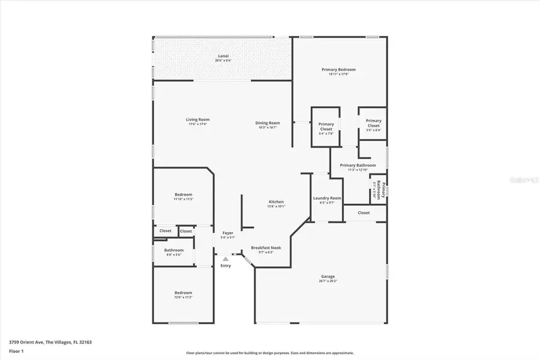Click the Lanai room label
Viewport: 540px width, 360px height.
tap(223, 56)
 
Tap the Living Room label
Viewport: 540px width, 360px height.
tap(199, 119)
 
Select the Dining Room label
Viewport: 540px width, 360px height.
tap(269, 123)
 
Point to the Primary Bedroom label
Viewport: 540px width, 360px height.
tap(338, 70)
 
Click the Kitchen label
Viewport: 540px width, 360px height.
tap(276, 202)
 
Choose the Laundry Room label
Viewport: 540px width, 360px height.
tap(327, 198)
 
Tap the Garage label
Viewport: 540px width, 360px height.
tap(328, 277)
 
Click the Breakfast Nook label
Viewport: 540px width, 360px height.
tap(262, 248)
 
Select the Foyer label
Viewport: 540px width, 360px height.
tap(228, 233)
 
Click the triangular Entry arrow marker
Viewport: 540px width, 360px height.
tap(226, 259)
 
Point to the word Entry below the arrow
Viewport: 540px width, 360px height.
tap(226, 266)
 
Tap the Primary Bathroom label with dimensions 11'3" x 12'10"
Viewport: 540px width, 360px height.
tap(358, 166)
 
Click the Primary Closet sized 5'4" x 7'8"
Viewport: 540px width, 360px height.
tap(326, 127)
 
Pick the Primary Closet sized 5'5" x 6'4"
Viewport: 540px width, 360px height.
tap(373, 123)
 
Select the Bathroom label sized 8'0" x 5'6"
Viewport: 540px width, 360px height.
tap(173, 250)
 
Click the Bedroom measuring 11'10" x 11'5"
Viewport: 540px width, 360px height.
tap(183, 194)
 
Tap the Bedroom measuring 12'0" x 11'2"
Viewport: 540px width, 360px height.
tap(183, 293)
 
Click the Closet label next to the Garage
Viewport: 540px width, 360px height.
tap(364, 212)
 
